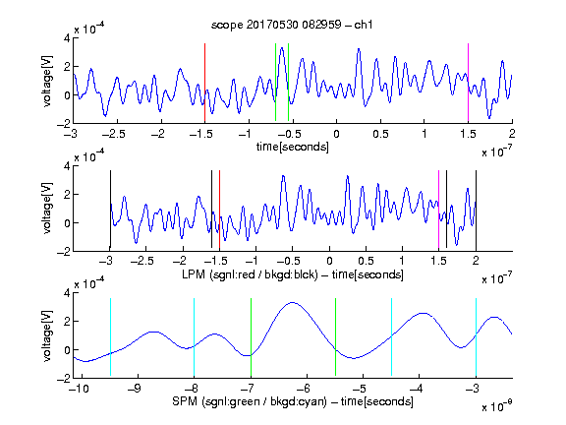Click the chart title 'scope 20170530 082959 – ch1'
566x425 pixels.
tap(292, 25)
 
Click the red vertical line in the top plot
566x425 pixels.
tap(204, 83)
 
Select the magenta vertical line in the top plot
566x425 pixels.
tap(468, 83)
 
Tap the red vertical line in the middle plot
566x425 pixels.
tap(219, 210)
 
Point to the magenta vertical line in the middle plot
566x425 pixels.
tap(438, 210)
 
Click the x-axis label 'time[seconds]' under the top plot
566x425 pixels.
tap(293, 147)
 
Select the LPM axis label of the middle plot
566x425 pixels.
tap(293, 274)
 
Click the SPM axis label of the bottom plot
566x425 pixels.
tap(293, 401)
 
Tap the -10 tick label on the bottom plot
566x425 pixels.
tap(79, 389)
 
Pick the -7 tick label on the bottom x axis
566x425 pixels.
tap(249, 389)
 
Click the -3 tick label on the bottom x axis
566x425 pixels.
tap(474, 389)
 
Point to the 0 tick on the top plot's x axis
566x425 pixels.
tap(336, 134)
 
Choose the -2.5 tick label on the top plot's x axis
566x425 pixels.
tap(113, 134)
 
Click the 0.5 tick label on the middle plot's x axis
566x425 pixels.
tap(366, 261)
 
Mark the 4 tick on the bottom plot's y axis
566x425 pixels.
tap(67, 293)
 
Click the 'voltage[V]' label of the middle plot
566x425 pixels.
tap(47, 209)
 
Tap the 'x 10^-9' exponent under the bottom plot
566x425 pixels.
tap(497, 406)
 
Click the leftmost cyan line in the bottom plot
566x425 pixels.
tap(110, 337)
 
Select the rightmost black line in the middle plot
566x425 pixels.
tap(476, 210)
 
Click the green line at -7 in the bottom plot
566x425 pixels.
tap(251, 337)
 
